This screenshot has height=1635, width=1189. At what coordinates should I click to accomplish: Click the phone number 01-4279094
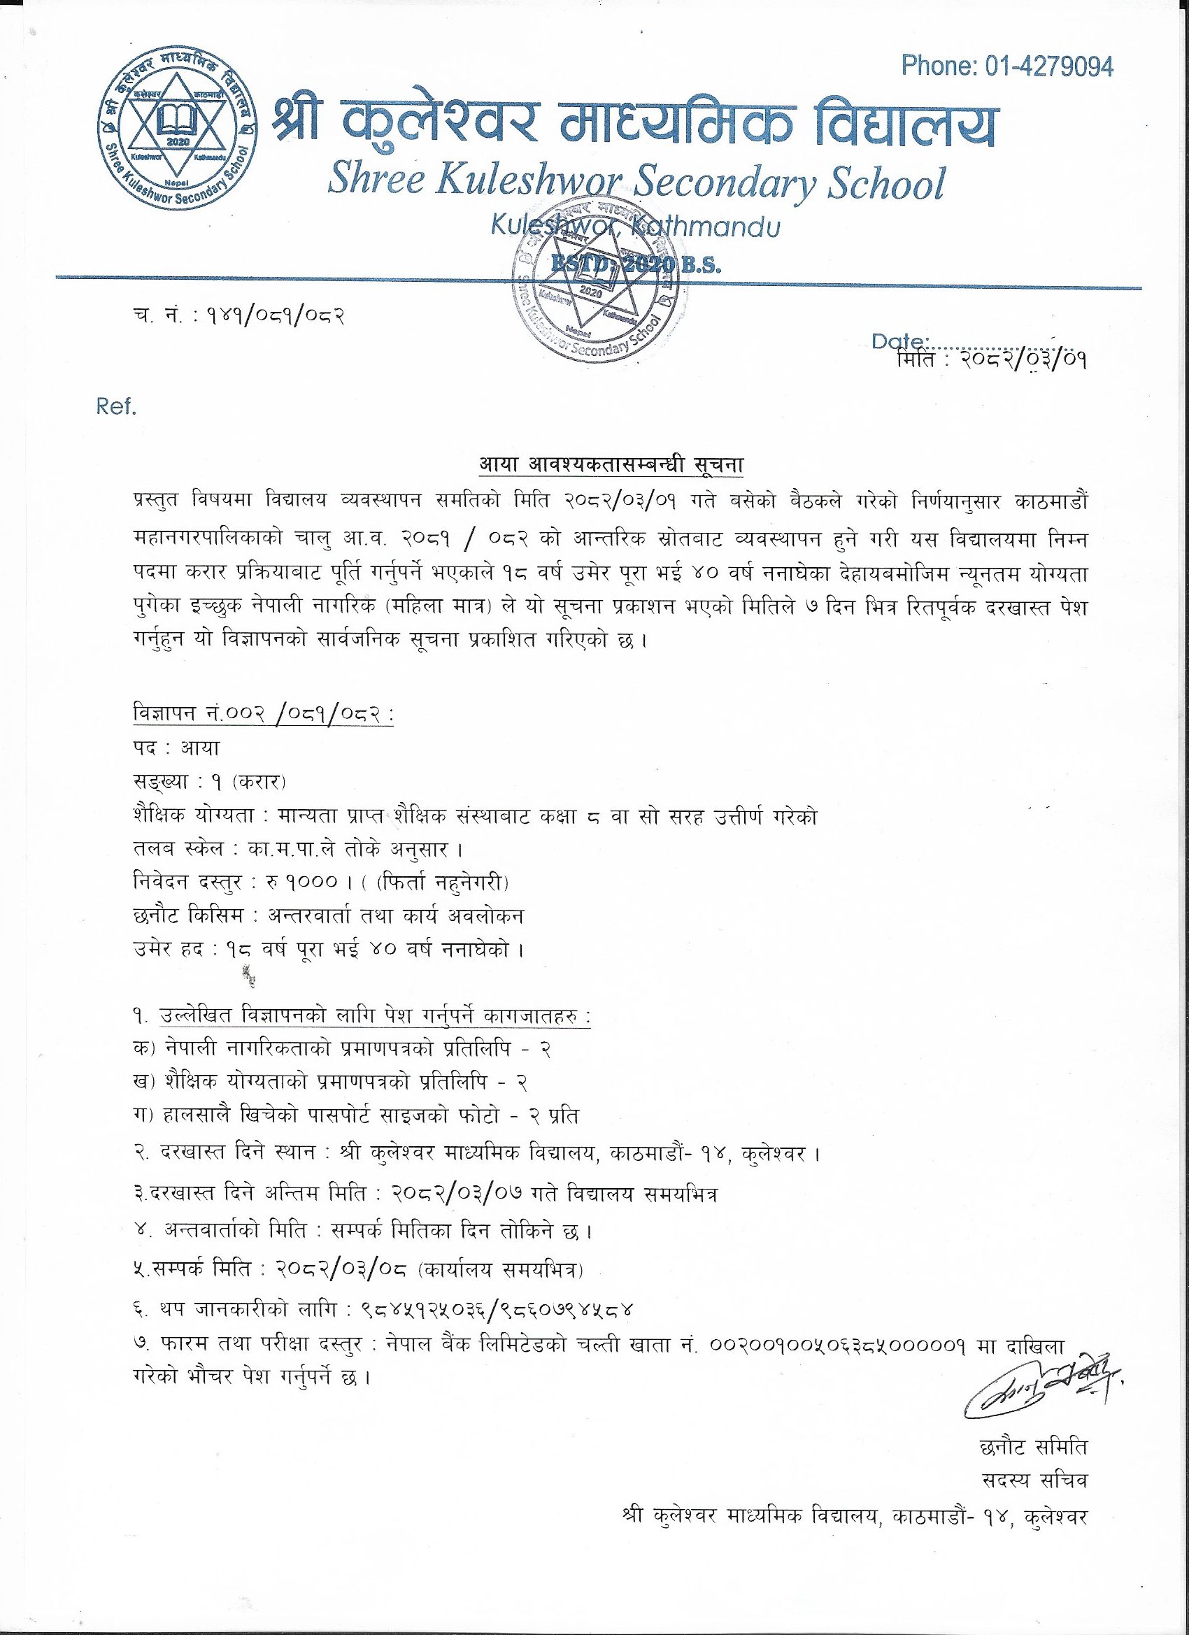[x=1048, y=66]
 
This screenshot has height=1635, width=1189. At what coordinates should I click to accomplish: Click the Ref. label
[x=116, y=406]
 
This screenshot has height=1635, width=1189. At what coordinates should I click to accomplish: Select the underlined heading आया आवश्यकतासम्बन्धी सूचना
[x=611, y=466]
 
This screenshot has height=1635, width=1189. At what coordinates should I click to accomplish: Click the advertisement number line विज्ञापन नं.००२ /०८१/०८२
[x=262, y=718]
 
